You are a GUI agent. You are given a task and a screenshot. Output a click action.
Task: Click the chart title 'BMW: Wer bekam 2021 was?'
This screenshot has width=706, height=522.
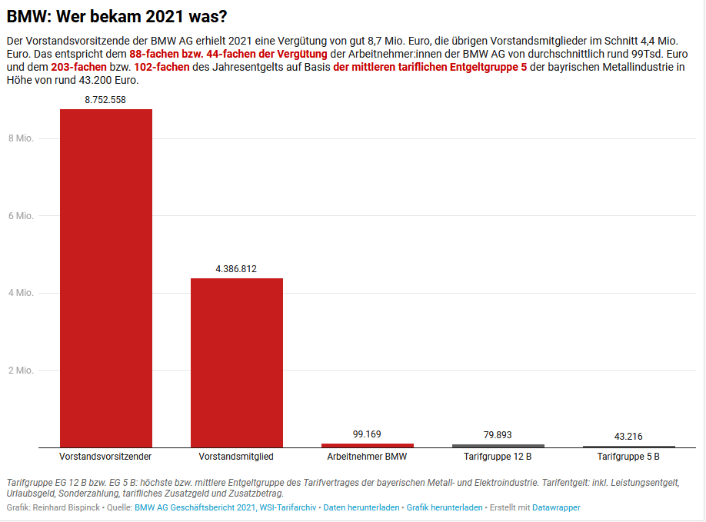click(x=117, y=15)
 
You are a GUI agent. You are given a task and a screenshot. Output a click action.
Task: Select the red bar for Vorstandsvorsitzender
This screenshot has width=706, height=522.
click(x=105, y=277)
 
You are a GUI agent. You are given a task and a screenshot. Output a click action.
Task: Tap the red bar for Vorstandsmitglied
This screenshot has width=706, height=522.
click(x=236, y=361)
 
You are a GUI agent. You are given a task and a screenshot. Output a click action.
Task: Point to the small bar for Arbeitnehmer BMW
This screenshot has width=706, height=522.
click(x=367, y=445)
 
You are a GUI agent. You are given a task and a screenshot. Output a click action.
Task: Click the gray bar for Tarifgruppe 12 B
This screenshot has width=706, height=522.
click(x=498, y=446)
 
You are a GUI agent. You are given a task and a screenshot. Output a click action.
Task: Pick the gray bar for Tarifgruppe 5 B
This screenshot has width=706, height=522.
click(x=628, y=447)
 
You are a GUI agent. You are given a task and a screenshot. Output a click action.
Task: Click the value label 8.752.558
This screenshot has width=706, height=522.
click(x=105, y=99)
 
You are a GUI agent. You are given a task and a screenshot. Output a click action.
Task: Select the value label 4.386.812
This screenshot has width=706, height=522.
click(x=236, y=268)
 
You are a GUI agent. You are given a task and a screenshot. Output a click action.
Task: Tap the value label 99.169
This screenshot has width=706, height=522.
click(x=367, y=434)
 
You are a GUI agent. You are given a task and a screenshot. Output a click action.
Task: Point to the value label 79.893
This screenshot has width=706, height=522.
click(x=498, y=435)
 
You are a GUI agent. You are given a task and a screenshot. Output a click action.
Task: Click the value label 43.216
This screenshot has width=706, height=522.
click(x=628, y=436)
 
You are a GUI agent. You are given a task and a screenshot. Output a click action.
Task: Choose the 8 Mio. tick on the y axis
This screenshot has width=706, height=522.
click(x=20, y=138)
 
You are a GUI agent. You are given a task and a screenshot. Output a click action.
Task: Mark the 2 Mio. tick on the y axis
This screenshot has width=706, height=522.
click(x=20, y=370)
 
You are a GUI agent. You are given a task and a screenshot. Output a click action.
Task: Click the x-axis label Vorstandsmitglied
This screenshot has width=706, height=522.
click(x=236, y=457)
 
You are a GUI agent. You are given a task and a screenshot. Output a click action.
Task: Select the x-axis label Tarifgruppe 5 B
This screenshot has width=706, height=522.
click(x=628, y=457)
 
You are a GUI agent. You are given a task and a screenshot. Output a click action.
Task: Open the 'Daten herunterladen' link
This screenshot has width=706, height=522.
click(x=361, y=507)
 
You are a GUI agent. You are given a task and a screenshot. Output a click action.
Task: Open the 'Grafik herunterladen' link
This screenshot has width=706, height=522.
click(x=445, y=507)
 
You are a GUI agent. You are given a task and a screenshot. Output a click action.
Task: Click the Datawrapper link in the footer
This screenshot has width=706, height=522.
click(x=556, y=507)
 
